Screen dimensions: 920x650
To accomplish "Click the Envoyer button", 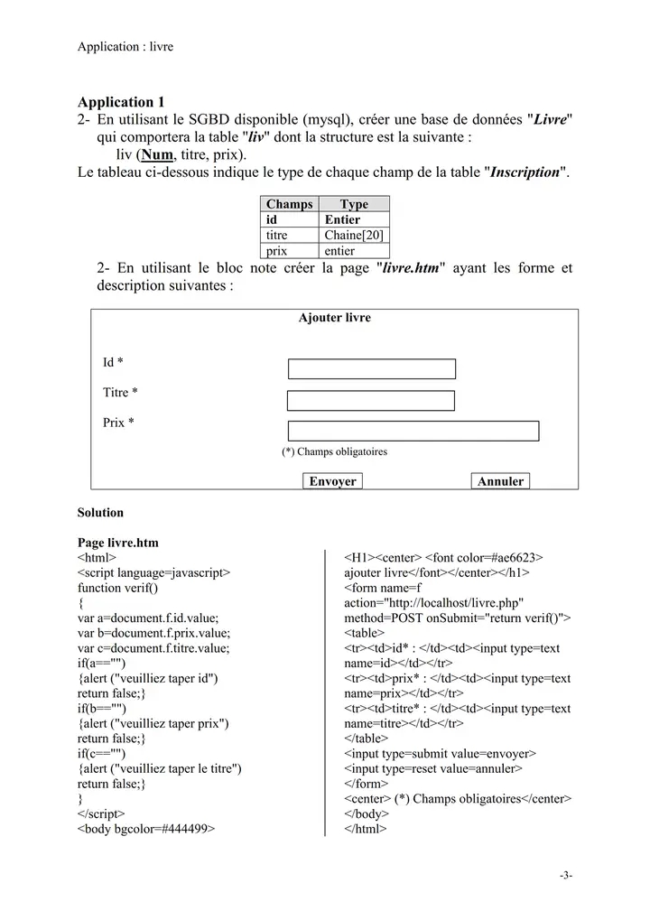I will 332,481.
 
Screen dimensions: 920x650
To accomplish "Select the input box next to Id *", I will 372,368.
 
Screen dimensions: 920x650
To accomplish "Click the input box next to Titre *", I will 371,401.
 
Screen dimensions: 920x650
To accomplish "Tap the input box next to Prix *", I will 413,431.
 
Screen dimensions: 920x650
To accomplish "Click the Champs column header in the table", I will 289,204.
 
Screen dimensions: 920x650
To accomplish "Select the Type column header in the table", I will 354,204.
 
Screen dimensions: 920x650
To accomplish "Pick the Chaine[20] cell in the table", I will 354,236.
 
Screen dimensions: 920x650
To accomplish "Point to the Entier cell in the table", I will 342,219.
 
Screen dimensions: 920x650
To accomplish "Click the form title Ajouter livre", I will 334,318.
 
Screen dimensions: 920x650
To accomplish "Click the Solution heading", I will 100,513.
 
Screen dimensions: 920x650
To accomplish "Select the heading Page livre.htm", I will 118,543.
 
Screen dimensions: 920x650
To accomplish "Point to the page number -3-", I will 566,875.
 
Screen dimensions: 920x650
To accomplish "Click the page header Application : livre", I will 125,47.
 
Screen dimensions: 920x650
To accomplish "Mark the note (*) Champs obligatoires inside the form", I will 334,451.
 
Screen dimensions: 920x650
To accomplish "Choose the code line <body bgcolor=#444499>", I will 146,829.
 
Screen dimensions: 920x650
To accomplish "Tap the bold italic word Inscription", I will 525,172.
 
